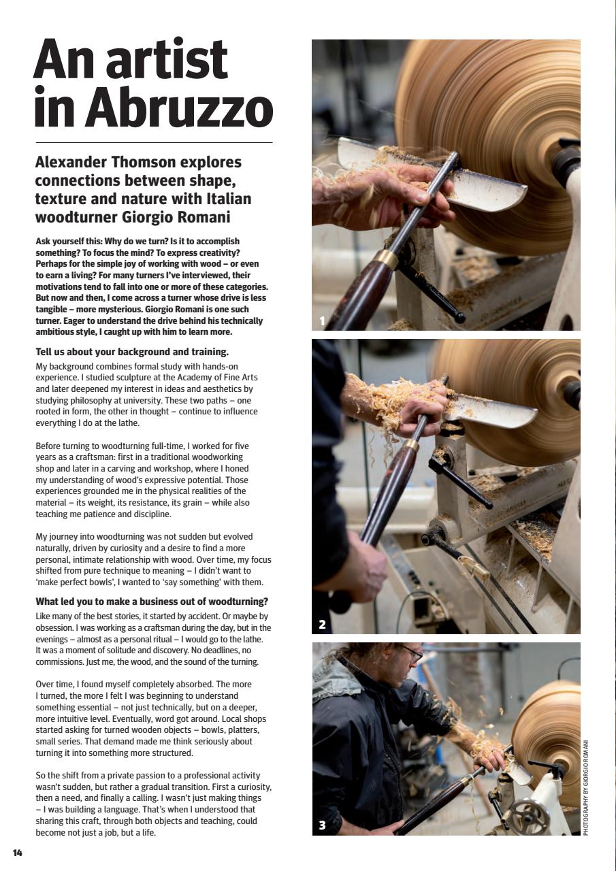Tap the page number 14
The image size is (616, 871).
(18, 853)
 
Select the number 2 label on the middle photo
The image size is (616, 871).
(323, 624)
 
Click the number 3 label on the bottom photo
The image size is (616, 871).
(323, 825)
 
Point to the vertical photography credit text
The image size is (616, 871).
(586, 787)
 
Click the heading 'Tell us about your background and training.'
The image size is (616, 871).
(132, 352)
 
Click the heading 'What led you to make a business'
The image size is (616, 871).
(151, 602)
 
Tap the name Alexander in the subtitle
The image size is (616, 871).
(75, 163)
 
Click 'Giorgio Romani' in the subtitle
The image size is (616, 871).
(180, 217)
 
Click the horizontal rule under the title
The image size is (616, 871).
(153, 142)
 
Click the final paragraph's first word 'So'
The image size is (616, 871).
(41, 775)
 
